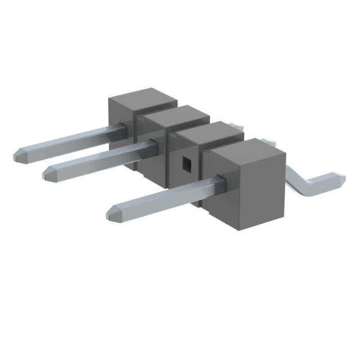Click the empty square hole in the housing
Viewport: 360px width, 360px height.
[186, 163]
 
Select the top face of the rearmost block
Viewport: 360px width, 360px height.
[143, 98]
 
